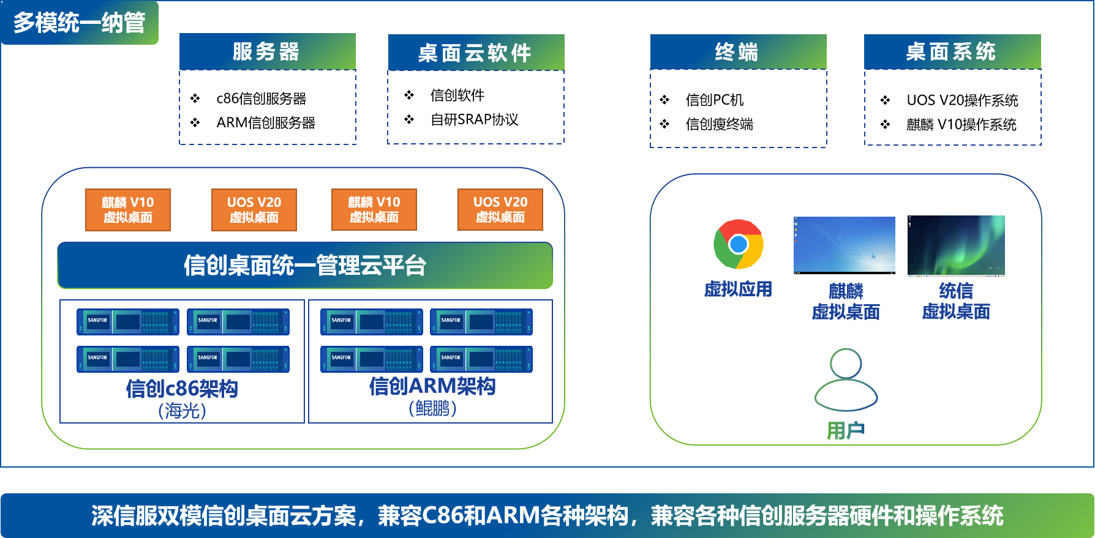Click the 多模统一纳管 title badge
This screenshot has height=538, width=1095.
(x=80, y=23)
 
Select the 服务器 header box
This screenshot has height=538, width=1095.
(x=267, y=51)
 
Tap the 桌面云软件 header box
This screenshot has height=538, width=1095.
(x=476, y=53)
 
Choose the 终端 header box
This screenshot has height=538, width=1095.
(x=738, y=52)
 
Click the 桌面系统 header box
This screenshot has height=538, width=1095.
(x=952, y=52)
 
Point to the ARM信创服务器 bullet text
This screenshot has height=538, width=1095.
(x=266, y=123)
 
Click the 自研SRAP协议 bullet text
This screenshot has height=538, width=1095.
(x=474, y=120)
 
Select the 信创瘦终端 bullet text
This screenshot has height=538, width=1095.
(x=719, y=124)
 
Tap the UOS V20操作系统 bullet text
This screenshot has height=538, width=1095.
(x=962, y=100)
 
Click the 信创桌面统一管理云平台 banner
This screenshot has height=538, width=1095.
(x=305, y=266)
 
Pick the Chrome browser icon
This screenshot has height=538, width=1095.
(x=739, y=244)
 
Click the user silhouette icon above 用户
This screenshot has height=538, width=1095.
(x=846, y=380)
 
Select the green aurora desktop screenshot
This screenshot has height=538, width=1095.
(x=956, y=245)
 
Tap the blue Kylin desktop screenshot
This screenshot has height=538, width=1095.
(x=844, y=245)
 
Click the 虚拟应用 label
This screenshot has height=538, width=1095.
(x=738, y=289)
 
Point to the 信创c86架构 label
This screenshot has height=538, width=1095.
(x=182, y=389)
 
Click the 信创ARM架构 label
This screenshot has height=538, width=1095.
(x=432, y=386)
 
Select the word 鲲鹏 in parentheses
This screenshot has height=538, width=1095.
(x=432, y=408)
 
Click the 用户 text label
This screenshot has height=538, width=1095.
(x=846, y=431)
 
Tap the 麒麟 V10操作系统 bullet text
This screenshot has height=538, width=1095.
(x=961, y=125)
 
